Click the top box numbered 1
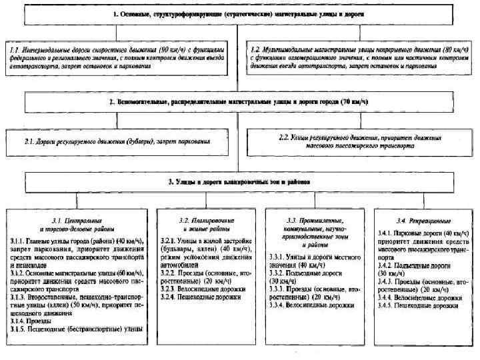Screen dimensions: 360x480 tap(240, 13)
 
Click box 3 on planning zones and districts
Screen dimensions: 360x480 tap(240, 181)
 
